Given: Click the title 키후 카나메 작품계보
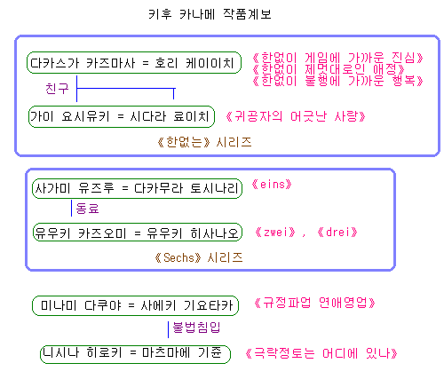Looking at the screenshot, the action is click(210, 14).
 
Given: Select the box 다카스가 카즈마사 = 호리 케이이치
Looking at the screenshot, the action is click(134, 63).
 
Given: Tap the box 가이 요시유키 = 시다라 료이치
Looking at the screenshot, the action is click(122, 116).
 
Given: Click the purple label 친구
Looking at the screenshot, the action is click(57, 89).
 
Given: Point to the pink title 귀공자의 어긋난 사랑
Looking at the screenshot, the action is click(296, 116).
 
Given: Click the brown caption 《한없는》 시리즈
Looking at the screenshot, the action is click(204, 142).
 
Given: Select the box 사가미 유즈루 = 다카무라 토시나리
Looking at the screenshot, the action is click(137, 188).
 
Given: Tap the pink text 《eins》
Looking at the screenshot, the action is click(272, 185).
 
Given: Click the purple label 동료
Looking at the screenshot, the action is click(87, 209).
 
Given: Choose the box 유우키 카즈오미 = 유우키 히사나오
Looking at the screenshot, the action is click(138, 233).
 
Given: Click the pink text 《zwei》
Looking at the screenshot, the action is click(275, 233).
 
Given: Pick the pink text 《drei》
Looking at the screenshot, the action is click(337, 233).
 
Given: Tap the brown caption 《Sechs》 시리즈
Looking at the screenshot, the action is click(199, 257).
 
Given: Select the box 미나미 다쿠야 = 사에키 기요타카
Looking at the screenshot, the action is click(135, 305).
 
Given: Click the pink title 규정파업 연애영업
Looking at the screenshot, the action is click(314, 303).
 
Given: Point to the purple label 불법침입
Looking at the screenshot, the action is click(196, 328).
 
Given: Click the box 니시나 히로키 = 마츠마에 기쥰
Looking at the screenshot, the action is click(135, 354).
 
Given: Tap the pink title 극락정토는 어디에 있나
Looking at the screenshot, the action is click(321, 353).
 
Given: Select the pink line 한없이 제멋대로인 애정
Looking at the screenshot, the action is click(329, 69).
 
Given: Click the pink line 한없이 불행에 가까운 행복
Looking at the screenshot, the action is click(338, 81).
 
